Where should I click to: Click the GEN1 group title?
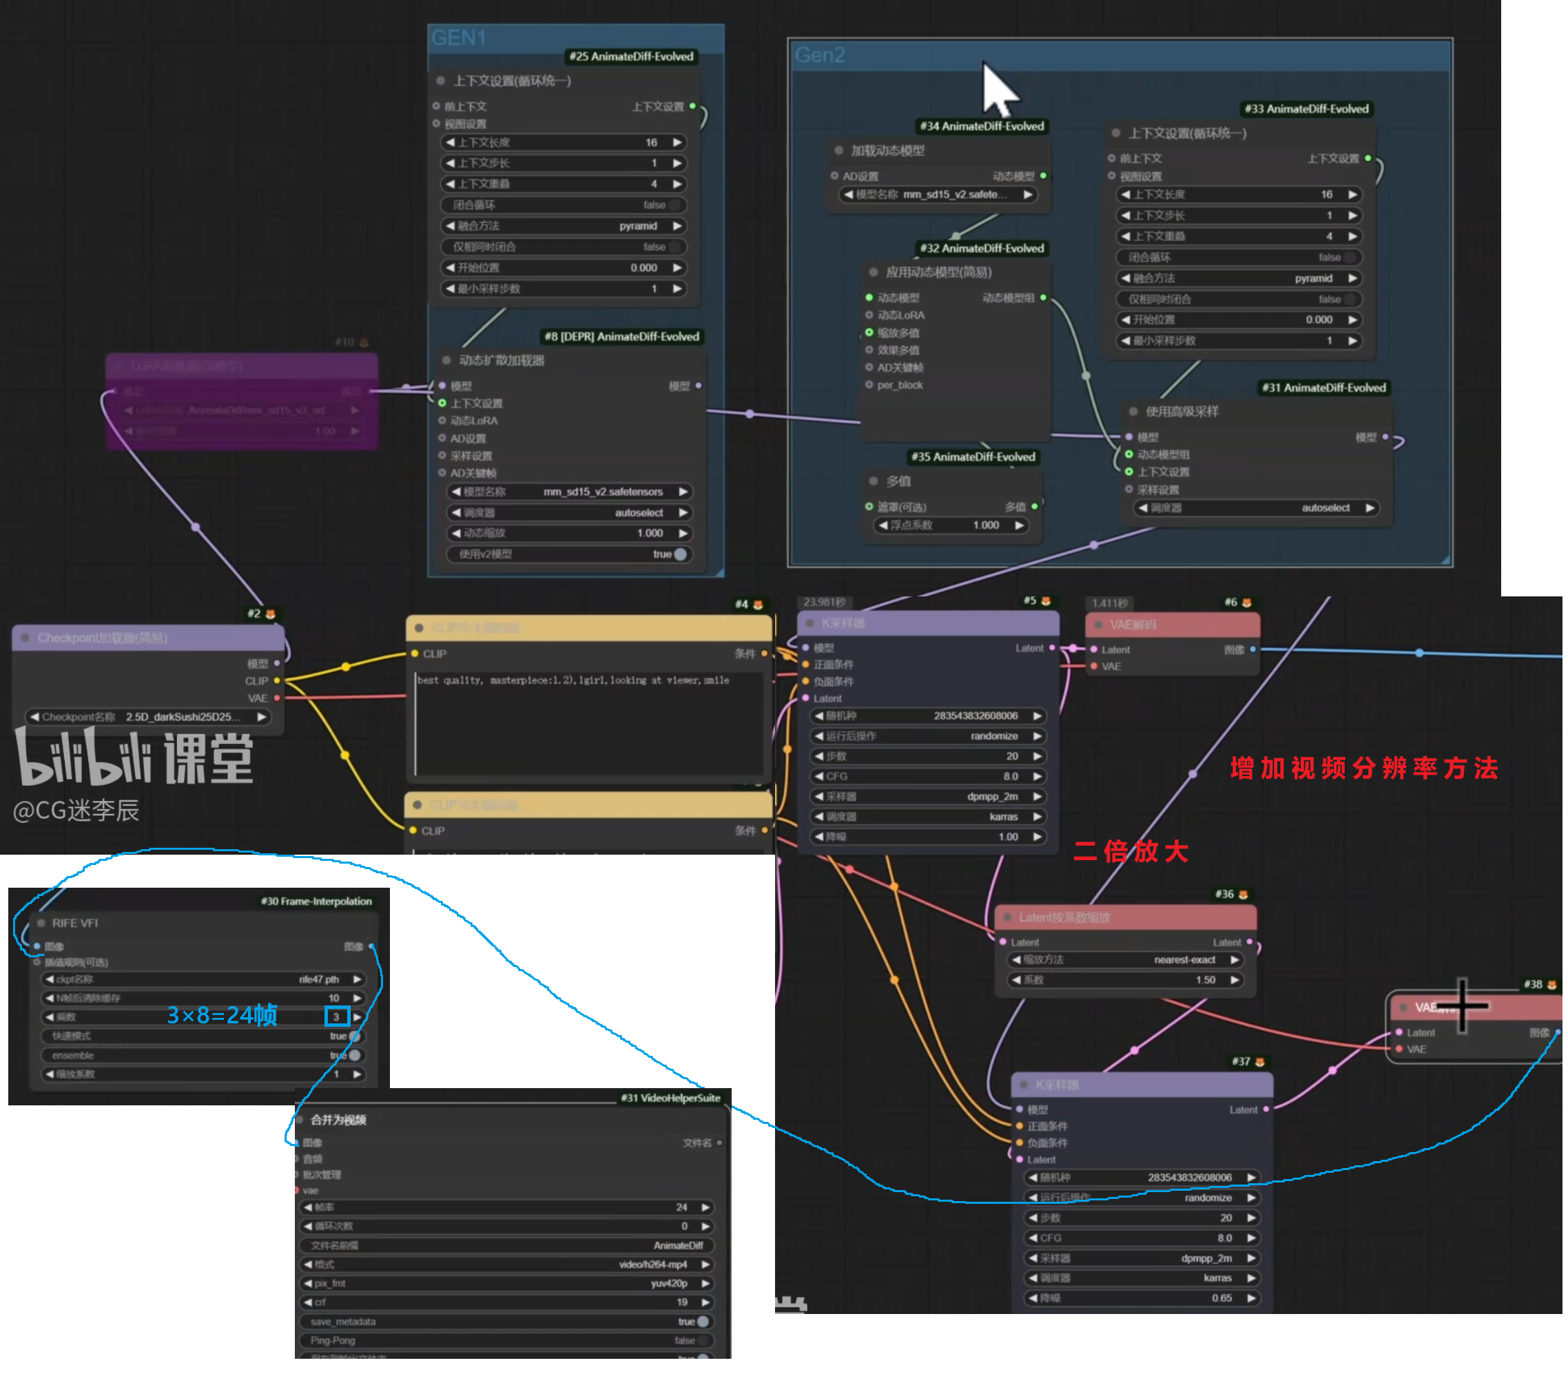pos(459,38)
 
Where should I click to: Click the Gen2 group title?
pos(819,55)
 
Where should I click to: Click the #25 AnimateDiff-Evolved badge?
pos(630,56)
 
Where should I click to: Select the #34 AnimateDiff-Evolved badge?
pos(981,127)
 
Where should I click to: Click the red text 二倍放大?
pos(1130,851)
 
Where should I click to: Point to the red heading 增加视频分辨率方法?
pos(1363,769)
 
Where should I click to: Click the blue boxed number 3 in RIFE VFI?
pos(337,1017)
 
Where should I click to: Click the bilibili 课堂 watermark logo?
pos(134,758)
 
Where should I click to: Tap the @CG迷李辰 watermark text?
pos(76,811)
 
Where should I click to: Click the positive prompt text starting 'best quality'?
pos(572,680)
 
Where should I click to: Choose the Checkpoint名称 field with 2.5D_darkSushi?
pos(148,717)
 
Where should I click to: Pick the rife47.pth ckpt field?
pos(203,979)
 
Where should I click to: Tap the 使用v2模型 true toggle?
pos(569,554)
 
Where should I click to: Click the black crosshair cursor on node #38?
pos(1462,1005)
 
